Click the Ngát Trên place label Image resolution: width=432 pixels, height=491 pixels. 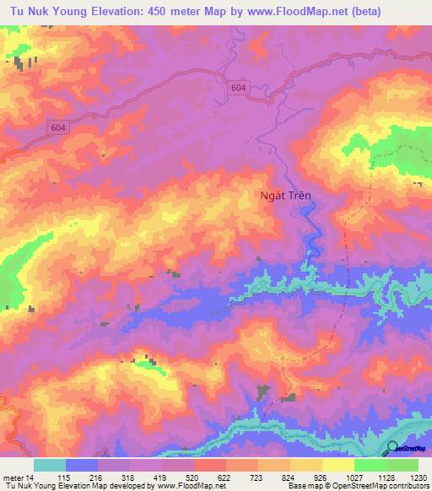(284, 195)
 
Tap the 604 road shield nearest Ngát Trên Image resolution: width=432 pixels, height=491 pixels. (238, 87)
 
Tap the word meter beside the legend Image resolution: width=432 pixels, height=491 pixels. (13, 478)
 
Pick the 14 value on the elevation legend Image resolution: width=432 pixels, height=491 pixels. (30, 478)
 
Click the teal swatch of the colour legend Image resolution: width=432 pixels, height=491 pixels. (49, 465)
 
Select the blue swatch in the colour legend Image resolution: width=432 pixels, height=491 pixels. (81, 465)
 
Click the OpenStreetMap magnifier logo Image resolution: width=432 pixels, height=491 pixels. (392, 448)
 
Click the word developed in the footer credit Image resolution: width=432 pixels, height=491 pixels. (131, 487)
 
